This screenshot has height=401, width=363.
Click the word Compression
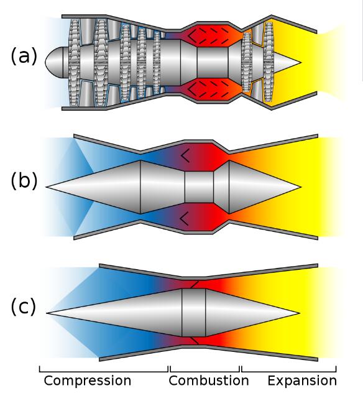(x=88, y=381)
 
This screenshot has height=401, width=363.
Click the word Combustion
(x=209, y=380)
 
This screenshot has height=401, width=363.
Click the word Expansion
(x=302, y=381)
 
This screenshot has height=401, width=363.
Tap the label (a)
(x=24, y=56)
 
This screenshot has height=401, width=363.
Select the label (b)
(x=24, y=180)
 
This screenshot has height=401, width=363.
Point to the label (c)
(x=23, y=307)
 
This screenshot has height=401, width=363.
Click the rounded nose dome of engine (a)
(x=54, y=62)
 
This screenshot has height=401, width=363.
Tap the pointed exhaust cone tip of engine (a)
(x=301, y=62)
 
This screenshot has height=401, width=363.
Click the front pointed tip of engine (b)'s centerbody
(x=47, y=187)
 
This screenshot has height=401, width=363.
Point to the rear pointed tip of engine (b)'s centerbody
(x=301, y=187)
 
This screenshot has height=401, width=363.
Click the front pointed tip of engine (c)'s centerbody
(x=47, y=313)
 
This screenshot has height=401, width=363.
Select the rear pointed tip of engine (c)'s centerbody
(x=299, y=313)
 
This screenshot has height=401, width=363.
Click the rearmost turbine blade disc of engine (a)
(x=269, y=62)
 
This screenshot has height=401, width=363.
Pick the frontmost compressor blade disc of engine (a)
(x=75, y=62)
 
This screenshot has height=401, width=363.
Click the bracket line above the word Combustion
(x=205, y=372)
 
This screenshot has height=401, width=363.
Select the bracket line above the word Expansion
(x=289, y=372)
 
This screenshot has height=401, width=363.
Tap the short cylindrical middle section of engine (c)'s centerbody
(x=193, y=313)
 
